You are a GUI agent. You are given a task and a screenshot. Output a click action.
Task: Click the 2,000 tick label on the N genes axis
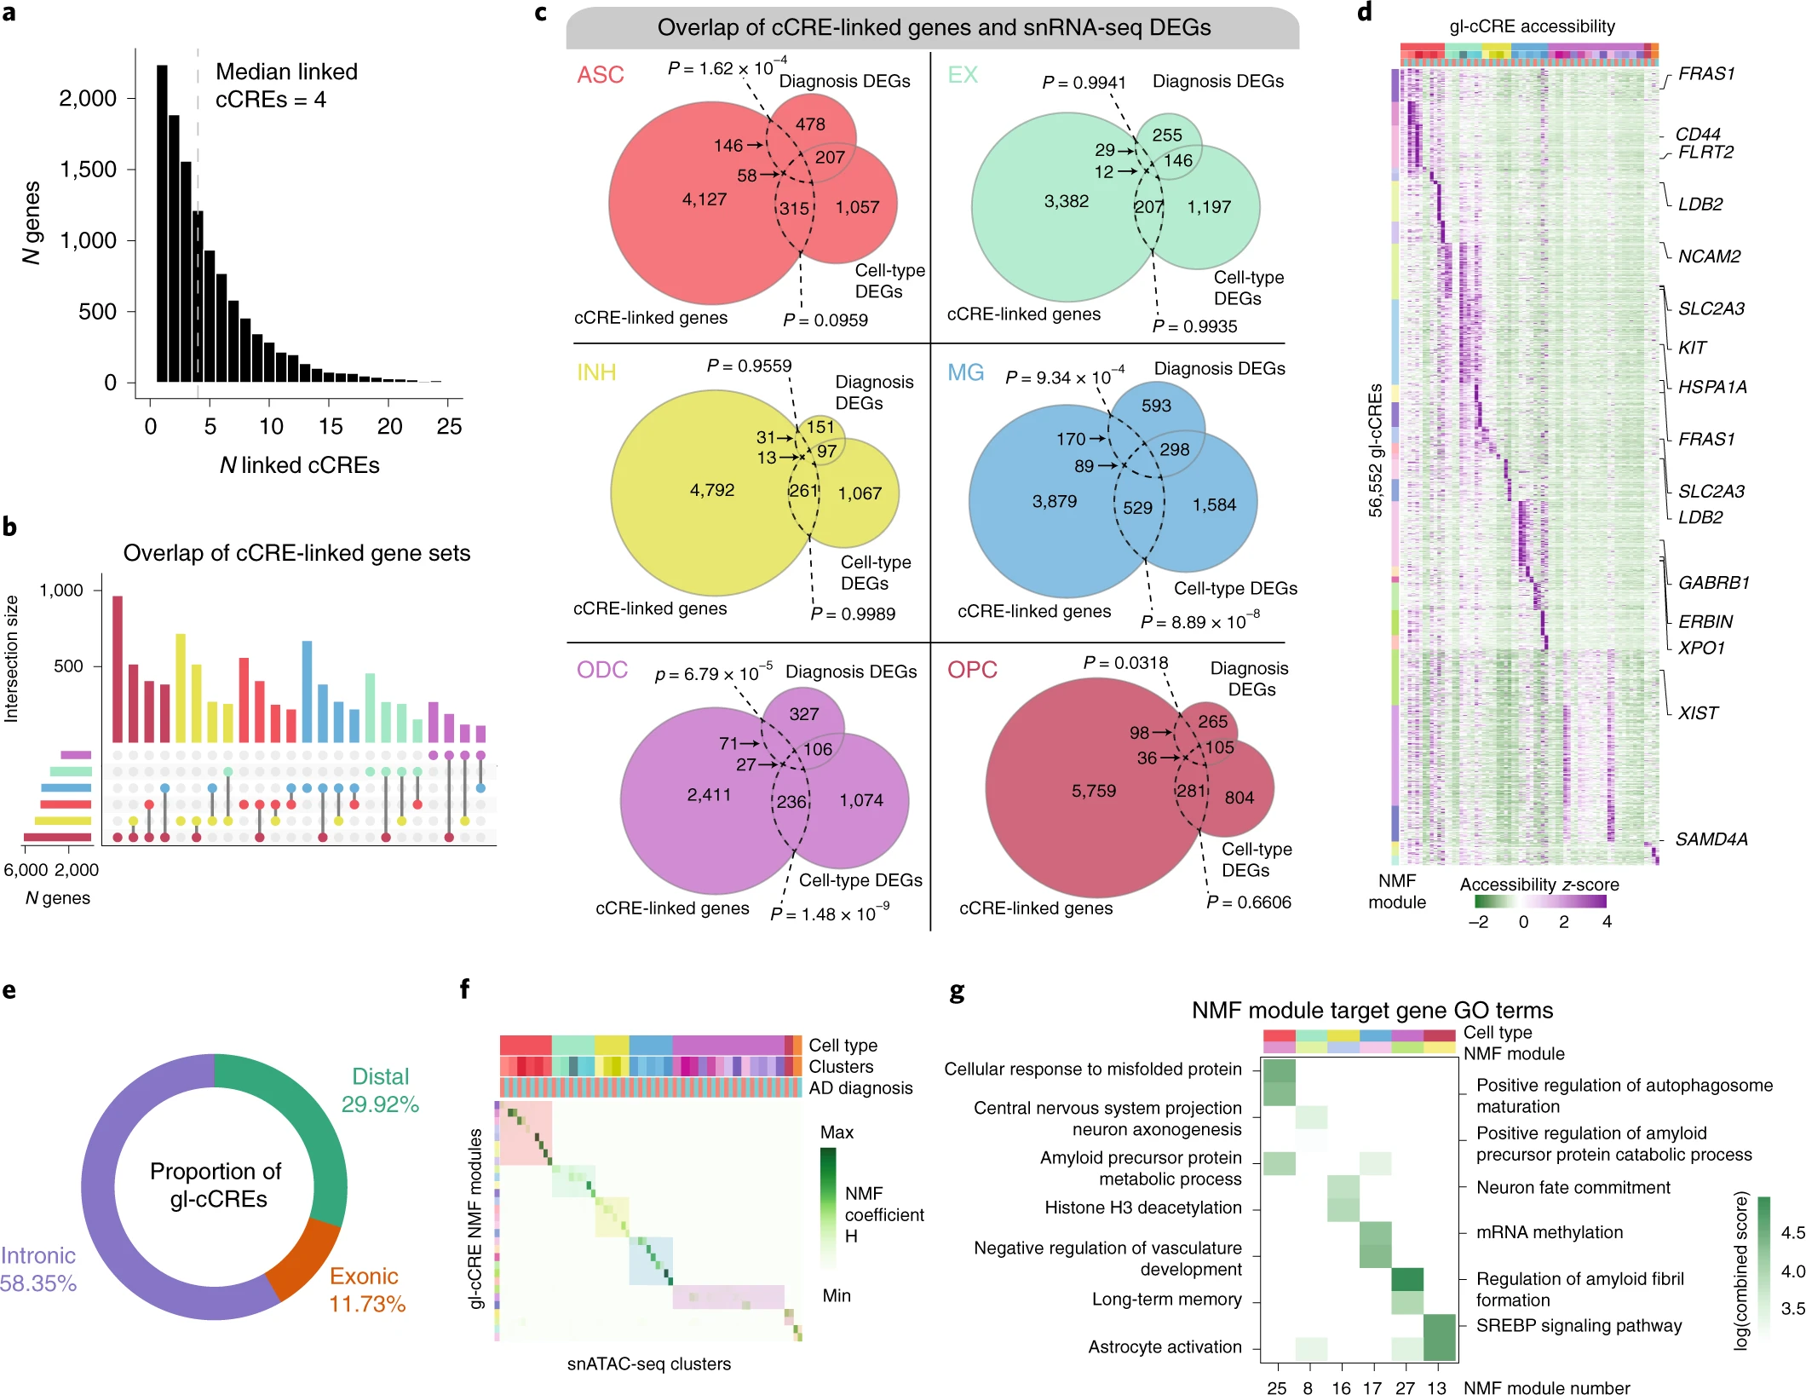(88, 99)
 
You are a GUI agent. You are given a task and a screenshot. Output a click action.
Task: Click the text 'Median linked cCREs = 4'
(285, 85)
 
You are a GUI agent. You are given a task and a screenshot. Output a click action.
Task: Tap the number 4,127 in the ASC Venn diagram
(705, 199)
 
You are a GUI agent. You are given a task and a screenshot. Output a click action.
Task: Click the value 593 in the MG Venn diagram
(1156, 406)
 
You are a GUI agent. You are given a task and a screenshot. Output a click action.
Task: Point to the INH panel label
(596, 372)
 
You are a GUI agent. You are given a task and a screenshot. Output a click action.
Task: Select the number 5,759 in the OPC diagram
(1093, 791)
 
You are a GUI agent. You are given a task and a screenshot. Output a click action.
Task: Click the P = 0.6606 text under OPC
(1249, 902)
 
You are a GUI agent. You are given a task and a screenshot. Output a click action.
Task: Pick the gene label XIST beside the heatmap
(1698, 713)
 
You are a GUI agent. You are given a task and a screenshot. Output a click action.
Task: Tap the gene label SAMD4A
(1711, 839)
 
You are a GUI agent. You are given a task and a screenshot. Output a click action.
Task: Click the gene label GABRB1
(1713, 583)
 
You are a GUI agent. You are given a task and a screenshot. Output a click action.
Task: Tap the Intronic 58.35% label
(38, 1270)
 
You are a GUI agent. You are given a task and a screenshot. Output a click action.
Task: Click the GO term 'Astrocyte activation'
(1165, 1346)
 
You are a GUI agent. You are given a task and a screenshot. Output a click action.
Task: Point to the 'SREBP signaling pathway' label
(1579, 1325)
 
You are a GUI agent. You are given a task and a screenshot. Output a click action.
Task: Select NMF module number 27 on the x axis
(1405, 1387)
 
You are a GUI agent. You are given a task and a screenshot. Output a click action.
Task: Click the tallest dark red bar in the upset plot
(118, 669)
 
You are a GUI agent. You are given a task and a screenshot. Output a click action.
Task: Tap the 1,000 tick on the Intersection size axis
(61, 590)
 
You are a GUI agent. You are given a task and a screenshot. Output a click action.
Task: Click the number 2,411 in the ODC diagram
(709, 795)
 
